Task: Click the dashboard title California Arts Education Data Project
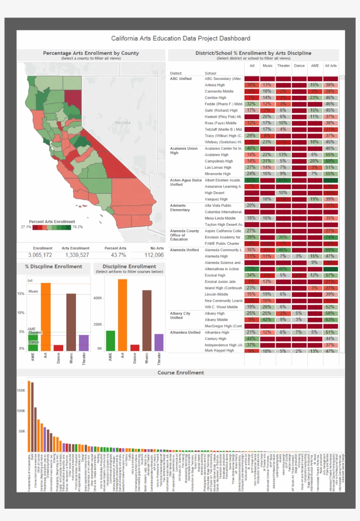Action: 180,38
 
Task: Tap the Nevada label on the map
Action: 122,123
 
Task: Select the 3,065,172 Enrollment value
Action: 40,255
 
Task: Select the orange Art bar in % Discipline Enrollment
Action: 46,316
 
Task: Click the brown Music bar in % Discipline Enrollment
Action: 71,322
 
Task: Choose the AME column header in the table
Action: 315,65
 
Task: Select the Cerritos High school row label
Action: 216,98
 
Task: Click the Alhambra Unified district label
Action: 185,333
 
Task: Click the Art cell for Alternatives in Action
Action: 251,269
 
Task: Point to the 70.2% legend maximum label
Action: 78,227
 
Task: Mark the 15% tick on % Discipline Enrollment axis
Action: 21,293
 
